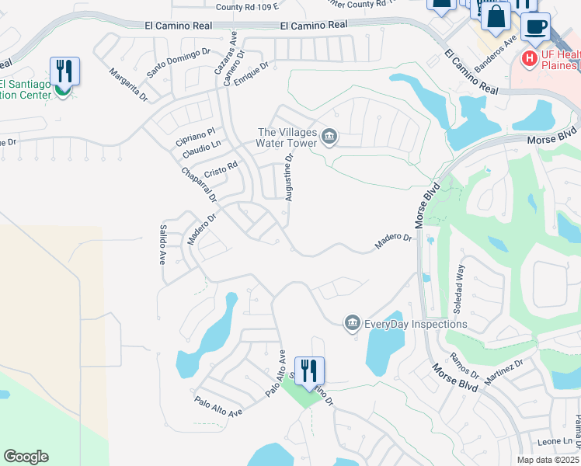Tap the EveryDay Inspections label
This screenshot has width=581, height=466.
click(416, 324)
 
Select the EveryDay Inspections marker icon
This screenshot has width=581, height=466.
click(352, 323)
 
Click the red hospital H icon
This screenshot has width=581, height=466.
click(529, 58)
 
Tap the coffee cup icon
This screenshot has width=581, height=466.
click(534, 27)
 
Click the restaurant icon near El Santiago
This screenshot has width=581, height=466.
click(64, 72)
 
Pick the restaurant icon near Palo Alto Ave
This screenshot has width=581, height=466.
click(309, 371)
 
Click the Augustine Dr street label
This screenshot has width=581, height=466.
click(288, 177)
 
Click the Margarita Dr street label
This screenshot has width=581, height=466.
click(128, 85)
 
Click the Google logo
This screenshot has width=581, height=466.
click(26, 457)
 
